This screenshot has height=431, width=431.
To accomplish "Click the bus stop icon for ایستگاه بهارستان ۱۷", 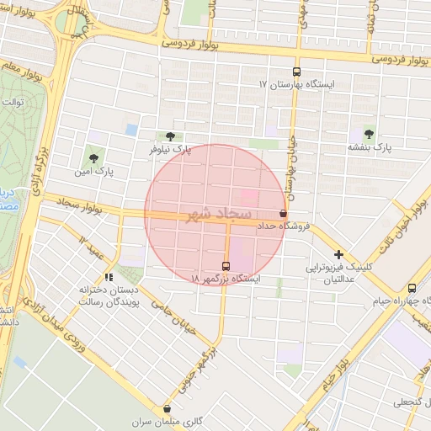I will pos(295,72).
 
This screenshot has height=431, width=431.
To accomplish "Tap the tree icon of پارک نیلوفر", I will pos(171,136).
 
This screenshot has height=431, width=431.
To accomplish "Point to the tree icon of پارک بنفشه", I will pos(370,133).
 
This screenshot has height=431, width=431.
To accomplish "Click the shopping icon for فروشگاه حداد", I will pos(284,214).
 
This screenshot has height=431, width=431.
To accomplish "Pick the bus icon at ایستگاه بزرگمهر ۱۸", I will pos(224,265).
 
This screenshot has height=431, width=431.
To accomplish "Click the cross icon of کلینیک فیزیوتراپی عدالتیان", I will pos(338,254).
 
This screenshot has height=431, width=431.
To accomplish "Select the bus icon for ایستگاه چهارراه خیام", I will pos(412,288).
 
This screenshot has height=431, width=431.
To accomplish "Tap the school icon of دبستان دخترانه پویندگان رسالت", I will pos(109,276).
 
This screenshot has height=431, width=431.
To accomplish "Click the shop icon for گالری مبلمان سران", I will pos(168,408).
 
